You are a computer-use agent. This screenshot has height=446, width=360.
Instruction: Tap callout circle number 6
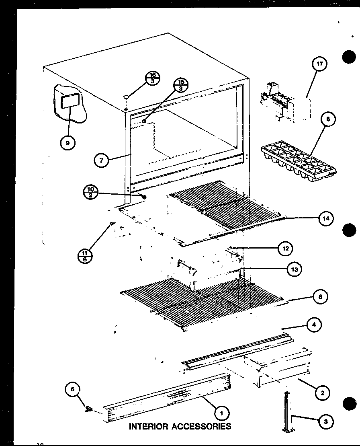point(329,119)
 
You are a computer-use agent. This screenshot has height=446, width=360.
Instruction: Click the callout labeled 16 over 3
point(153,78)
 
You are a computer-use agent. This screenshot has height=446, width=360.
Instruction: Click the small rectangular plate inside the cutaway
point(67,102)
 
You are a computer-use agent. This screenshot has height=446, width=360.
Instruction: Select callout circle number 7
point(101,160)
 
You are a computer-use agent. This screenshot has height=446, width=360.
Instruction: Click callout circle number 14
point(326,218)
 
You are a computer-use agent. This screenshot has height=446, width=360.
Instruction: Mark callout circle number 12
point(286,249)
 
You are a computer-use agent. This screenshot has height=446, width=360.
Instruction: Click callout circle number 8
point(320,297)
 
